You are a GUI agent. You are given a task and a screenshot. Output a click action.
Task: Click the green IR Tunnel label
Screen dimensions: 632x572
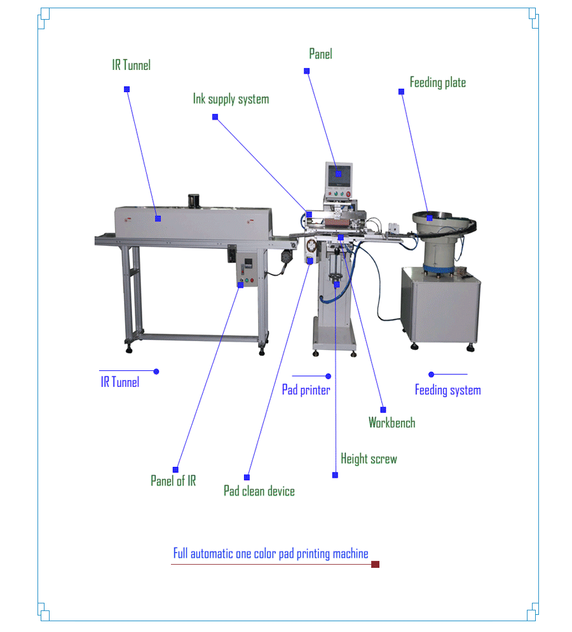[x=132, y=65]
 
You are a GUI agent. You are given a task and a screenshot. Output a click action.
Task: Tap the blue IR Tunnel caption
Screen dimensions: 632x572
[x=119, y=382]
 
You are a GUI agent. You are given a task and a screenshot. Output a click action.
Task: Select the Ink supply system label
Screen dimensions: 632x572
[x=231, y=99]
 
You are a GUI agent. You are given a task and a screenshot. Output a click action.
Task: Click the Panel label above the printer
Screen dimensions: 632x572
[x=320, y=54]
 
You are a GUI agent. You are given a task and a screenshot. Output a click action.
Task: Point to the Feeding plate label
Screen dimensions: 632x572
[x=437, y=83]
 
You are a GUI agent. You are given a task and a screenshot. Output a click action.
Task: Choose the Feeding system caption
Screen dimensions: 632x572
[x=447, y=390]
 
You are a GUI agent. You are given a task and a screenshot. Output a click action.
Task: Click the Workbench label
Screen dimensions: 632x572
[x=392, y=422]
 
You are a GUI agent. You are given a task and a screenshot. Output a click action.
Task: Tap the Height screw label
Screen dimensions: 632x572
[x=369, y=459]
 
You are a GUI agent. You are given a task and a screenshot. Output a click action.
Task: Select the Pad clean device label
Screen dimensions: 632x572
[x=259, y=491]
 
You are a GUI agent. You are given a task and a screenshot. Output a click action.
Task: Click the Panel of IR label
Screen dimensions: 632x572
[x=173, y=481]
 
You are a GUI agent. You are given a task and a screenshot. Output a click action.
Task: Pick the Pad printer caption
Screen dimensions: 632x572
[x=306, y=390]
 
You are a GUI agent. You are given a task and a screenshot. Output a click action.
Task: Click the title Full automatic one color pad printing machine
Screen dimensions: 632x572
[x=271, y=554]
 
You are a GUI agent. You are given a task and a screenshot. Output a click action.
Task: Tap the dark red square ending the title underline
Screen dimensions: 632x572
[x=375, y=564]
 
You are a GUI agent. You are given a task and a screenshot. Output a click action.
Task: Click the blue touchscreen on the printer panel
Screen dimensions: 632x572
[x=338, y=173]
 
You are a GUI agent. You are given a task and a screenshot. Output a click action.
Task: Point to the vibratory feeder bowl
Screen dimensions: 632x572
[x=443, y=220]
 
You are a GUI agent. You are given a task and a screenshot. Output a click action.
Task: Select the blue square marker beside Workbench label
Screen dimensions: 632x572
[x=383, y=410]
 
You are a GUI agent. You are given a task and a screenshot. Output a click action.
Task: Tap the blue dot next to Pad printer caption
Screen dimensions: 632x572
[x=329, y=377]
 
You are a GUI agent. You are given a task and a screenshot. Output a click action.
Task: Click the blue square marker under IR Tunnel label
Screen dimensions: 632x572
[x=127, y=90]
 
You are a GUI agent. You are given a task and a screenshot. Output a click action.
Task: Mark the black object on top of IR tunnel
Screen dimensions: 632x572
[x=194, y=201]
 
